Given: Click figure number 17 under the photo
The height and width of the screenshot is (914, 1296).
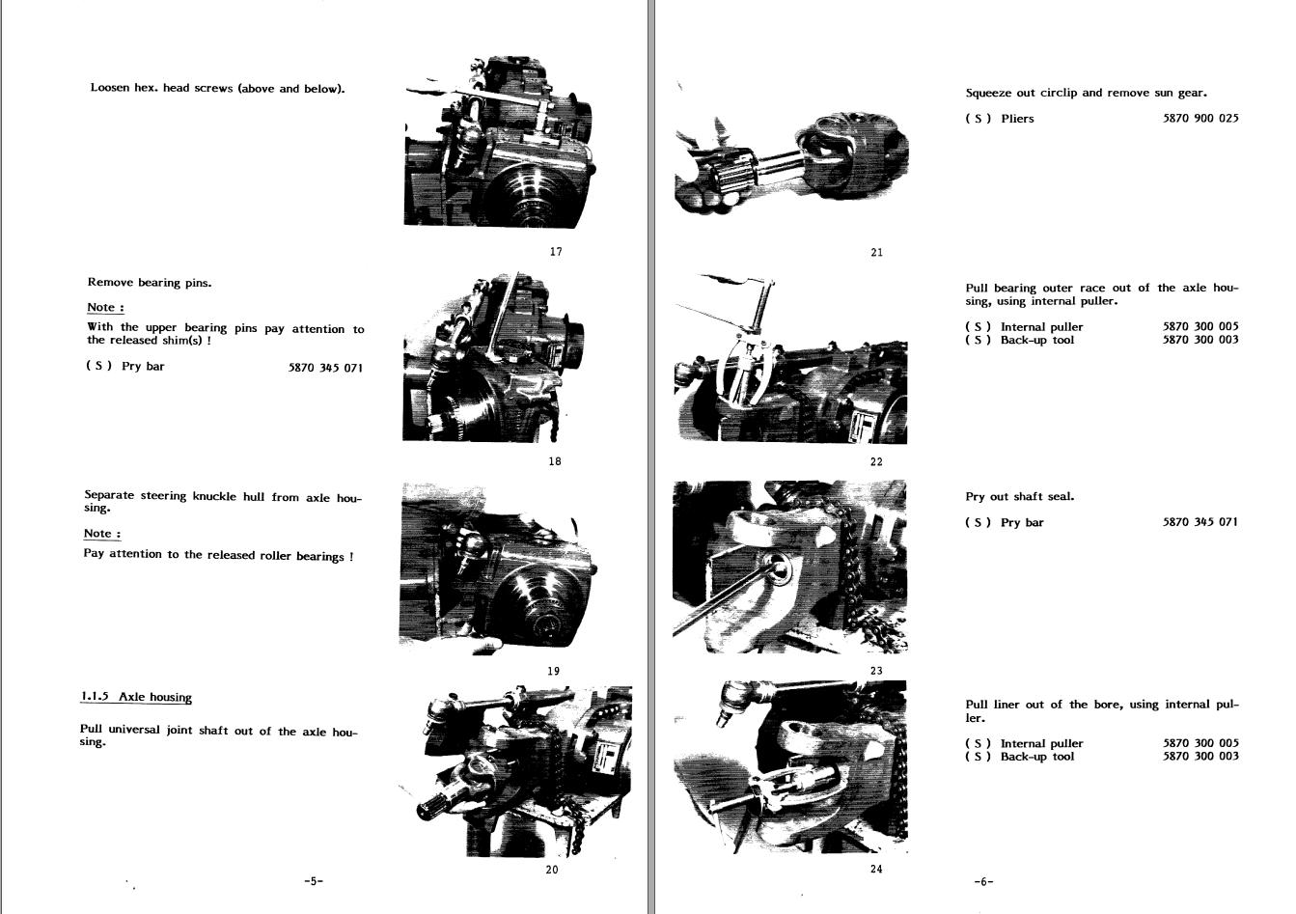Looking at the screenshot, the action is (x=556, y=252).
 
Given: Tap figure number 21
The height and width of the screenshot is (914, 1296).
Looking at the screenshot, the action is (x=876, y=252).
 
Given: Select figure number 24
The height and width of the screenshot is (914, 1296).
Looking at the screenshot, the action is (x=876, y=869).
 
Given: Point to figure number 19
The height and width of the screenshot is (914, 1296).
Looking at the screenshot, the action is (x=553, y=671).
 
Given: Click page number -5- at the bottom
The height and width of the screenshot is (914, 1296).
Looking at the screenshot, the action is (x=314, y=881).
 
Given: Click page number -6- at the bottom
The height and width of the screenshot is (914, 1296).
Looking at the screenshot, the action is (x=983, y=881).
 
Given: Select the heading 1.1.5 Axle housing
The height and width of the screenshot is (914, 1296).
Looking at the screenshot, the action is (x=136, y=697).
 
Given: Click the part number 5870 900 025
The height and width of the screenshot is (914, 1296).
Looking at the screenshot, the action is (x=1200, y=118).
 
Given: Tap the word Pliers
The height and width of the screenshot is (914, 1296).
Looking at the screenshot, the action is (x=1017, y=119).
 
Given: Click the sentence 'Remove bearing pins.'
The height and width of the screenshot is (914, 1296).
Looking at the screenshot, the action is (x=150, y=283).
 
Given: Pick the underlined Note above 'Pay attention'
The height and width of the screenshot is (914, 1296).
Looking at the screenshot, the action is (x=102, y=534).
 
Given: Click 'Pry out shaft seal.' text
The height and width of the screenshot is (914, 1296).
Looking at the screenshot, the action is (x=1019, y=496).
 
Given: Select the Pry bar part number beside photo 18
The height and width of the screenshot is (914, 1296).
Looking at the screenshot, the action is (x=325, y=368).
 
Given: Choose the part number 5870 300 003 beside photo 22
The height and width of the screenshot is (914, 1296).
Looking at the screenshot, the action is (x=1200, y=340).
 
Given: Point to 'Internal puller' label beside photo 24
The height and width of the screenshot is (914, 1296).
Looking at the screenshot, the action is (x=1041, y=743).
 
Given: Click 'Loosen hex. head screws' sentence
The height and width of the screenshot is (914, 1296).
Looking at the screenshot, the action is (x=217, y=89).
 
